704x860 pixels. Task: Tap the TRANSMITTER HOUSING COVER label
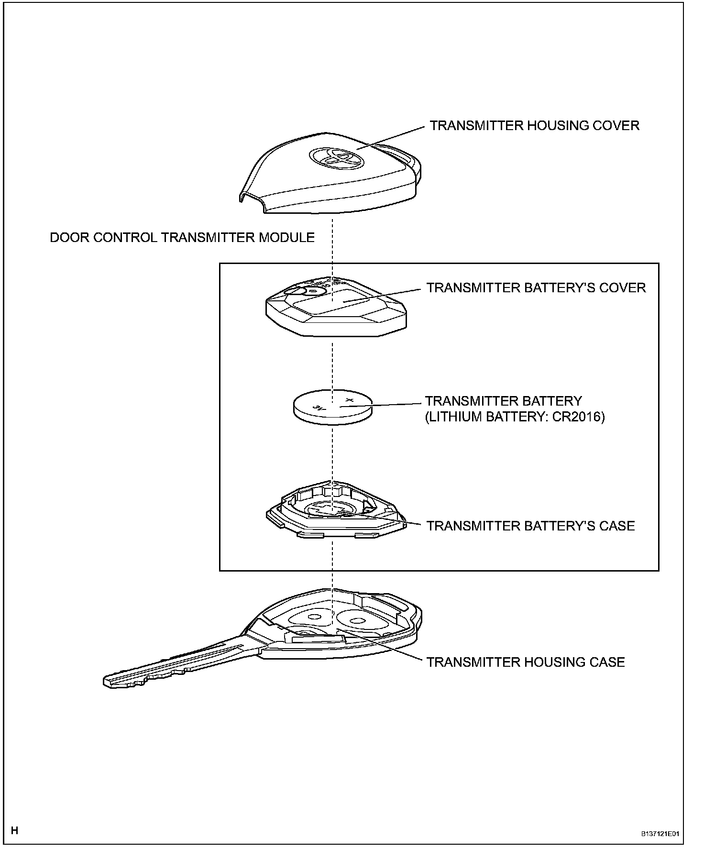534,126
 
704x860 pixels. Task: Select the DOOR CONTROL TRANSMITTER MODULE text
182,238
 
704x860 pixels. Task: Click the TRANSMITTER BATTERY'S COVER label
536,288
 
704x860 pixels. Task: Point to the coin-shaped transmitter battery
332,408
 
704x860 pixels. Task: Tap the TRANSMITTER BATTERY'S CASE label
530,526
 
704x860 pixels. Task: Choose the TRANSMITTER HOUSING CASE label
526,662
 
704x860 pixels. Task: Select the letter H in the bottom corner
15,830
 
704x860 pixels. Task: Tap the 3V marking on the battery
318,408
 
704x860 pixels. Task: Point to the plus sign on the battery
349,399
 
